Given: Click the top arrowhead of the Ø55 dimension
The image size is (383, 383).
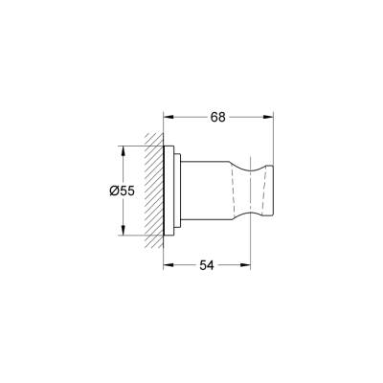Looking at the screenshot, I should click(124, 150).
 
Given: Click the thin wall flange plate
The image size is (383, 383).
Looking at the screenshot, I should click(169, 191).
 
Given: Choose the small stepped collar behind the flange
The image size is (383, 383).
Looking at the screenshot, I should click(176, 191).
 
